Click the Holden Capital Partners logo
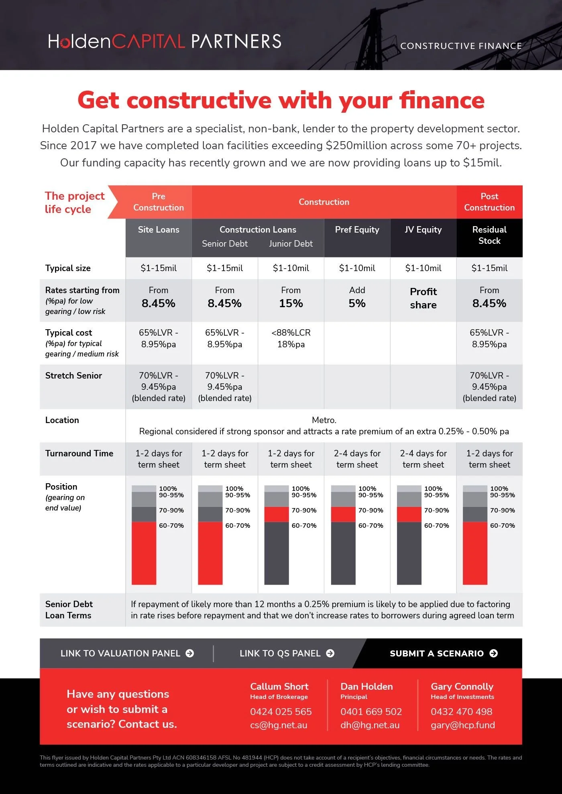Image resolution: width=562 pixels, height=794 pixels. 165,41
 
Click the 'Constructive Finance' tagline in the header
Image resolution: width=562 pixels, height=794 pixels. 461,46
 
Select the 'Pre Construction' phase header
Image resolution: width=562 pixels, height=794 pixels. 159,202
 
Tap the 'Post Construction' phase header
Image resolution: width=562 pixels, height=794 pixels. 489,202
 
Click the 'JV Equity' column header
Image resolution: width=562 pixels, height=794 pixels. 423,229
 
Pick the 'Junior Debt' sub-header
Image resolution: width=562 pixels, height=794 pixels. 291,243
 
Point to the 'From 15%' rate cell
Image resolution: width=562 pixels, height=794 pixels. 291,297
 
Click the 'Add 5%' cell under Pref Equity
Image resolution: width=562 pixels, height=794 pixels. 357,297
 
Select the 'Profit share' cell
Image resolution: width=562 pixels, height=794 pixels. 423,298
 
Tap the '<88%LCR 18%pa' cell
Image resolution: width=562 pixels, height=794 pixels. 291,338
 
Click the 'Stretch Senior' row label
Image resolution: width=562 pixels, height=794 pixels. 73,375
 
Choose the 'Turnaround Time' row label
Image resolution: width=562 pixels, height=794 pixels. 79,453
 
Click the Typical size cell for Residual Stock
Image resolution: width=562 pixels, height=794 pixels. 489,268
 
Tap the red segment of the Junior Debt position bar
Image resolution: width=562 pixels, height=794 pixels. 277,514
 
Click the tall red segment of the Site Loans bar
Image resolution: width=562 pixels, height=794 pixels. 144,553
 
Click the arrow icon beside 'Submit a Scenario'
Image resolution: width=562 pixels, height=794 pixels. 494,653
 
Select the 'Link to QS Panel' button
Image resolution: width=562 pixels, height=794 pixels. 287,653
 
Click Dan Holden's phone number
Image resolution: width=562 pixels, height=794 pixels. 371,711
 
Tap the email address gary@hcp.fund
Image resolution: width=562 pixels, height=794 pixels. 463,725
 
